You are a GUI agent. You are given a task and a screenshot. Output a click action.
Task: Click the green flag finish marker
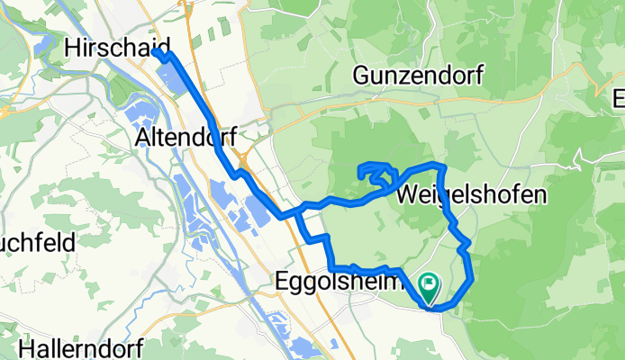click(x=428, y=287)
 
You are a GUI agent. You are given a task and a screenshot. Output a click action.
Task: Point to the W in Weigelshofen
click(x=407, y=194)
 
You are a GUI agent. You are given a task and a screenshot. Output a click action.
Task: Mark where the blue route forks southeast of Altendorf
click(x=297, y=212)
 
